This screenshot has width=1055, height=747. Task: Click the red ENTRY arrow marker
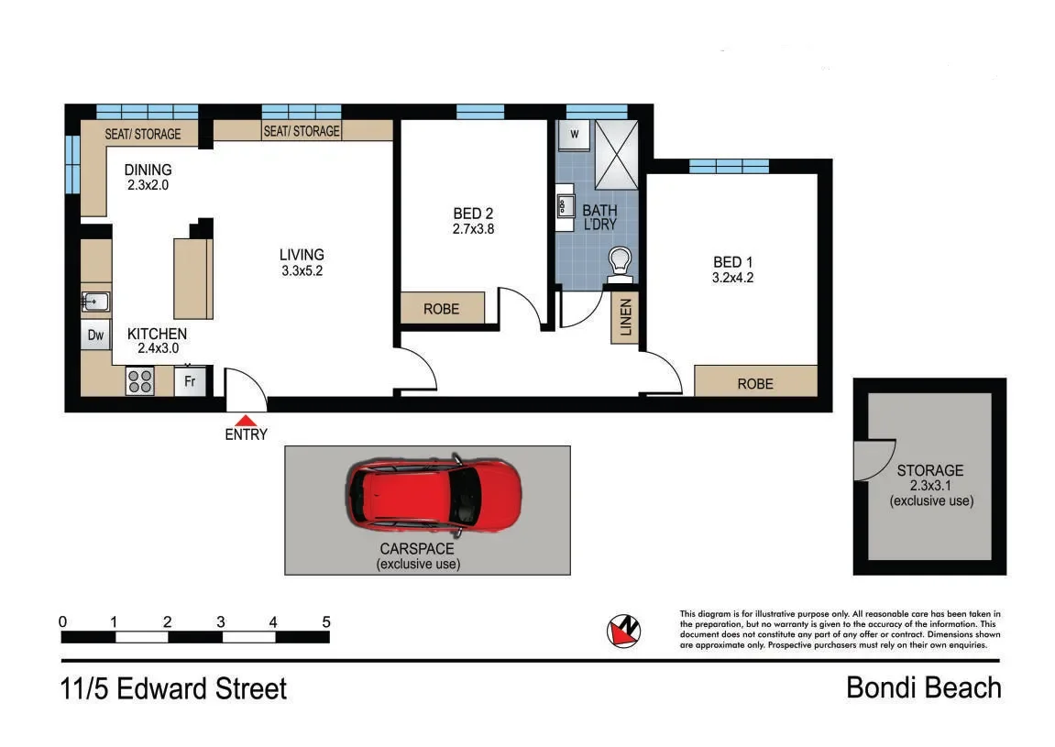point(247,419)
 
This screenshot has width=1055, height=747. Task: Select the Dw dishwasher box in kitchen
point(96,335)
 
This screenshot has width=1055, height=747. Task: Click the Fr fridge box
point(191,381)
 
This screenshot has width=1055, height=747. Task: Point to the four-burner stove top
point(140,380)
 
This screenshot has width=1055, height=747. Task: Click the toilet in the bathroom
point(621,261)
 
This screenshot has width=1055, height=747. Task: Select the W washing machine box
point(575,134)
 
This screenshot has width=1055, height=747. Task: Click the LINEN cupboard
point(625,318)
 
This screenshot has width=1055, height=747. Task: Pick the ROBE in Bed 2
point(442,309)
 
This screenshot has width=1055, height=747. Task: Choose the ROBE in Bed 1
point(755,383)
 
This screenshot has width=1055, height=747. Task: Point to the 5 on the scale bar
point(326,621)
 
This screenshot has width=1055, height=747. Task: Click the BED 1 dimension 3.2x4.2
point(732,278)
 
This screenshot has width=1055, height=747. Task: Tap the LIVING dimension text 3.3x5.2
point(302,271)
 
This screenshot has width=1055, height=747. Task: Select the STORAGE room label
point(930,471)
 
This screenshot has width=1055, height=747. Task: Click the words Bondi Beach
point(923,687)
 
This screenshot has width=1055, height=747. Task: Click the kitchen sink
point(95,302)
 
